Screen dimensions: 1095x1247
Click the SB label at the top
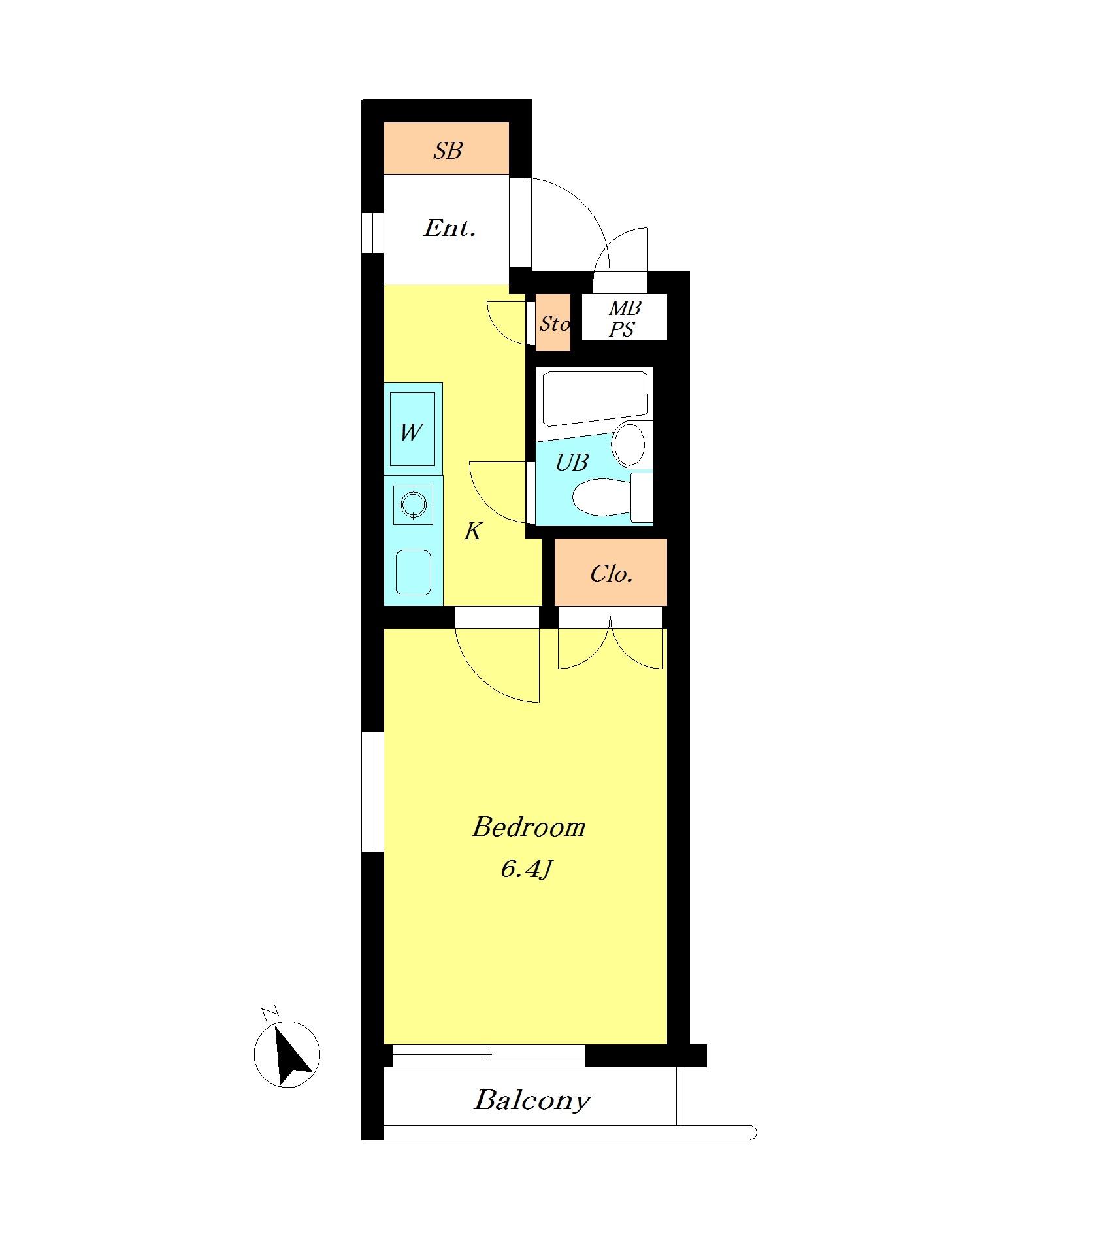tap(448, 151)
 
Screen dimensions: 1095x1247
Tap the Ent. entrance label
tap(449, 228)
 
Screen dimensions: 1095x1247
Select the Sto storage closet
tap(553, 323)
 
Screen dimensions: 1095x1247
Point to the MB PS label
tap(624, 318)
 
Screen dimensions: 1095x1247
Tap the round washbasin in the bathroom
tap(629, 444)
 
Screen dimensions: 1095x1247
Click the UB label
tap(572, 463)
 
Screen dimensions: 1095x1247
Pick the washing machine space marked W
tap(413, 429)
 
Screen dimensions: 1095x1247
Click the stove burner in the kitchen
tap(413, 504)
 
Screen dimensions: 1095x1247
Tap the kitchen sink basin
tap(414, 572)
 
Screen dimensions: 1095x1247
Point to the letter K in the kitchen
tap(472, 531)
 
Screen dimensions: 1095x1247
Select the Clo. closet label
tap(612, 574)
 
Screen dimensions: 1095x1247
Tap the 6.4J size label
tap(527, 869)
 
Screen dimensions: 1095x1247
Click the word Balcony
tap(532, 1101)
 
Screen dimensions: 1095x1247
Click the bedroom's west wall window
tap(372, 791)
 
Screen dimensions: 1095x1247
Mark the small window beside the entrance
tap(372, 233)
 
